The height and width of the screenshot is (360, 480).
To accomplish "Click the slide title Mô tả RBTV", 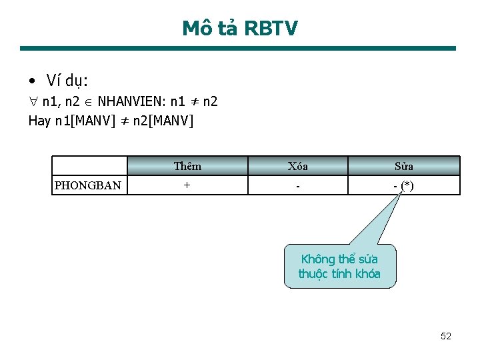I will click(x=240, y=28).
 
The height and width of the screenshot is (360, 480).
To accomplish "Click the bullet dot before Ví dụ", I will click(x=33, y=81).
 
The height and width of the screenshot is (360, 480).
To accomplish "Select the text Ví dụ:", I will click(x=67, y=81).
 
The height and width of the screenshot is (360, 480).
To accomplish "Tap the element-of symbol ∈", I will click(x=90, y=102).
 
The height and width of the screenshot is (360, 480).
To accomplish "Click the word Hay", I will click(x=39, y=121).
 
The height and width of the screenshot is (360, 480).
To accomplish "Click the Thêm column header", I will click(x=187, y=166).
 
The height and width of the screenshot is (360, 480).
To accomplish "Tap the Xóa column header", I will click(x=297, y=166).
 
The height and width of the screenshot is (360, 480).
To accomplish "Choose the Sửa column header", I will click(x=403, y=166).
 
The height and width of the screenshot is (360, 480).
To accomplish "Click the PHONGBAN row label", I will click(x=88, y=185).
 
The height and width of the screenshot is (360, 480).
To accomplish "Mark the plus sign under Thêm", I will click(x=187, y=185).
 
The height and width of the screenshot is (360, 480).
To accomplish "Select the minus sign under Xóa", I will click(x=297, y=185).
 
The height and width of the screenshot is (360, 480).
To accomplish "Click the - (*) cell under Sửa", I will click(x=403, y=185).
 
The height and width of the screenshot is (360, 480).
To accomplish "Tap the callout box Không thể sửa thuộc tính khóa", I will click(x=339, y=266).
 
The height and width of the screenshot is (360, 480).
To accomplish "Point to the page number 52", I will click(x=446, y=336).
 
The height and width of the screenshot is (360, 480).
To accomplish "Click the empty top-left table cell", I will click(x=89, y=166).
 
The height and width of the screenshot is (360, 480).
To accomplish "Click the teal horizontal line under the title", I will click(x=238, y=48).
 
